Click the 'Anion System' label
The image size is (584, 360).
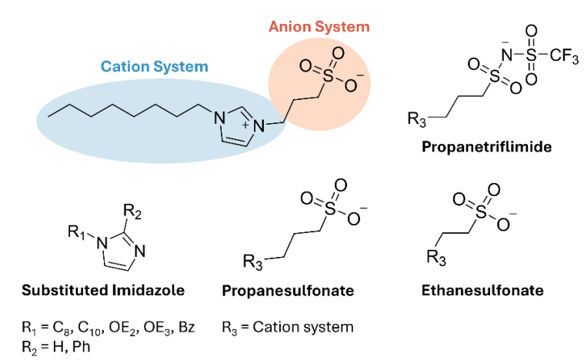(x=319, y=27)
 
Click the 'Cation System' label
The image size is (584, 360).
(x=154, y=67)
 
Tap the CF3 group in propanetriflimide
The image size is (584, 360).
(x=564, y=56)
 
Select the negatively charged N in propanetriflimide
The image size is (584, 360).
(x=506, y=55)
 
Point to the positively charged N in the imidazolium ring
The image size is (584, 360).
(x=259, y=126)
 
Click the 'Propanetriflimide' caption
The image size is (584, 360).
(x=486, y=147)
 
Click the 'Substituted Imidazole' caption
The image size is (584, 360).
(x=103, y=290)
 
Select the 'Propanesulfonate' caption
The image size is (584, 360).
(x=288, y=290)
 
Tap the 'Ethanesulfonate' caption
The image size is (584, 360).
(x=482, y=290)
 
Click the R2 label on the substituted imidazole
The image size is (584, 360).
(x=132, y=212)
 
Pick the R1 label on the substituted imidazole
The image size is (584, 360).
(x=76, y=232)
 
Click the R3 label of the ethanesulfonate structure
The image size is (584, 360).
(x=436, y=258)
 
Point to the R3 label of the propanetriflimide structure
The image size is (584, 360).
(x=417, y=119)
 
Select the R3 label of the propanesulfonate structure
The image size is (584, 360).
(x=252, y=262)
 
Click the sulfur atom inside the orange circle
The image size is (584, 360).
(x=328, y=76)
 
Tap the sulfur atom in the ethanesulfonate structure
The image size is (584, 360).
(x=481, y=212)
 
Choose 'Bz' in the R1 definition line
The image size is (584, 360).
(x=187, y=327)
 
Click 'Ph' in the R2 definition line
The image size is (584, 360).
(x=82, y=347)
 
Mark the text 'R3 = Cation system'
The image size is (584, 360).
(x=288, y=327)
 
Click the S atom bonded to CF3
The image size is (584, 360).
(x=532, y=56)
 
